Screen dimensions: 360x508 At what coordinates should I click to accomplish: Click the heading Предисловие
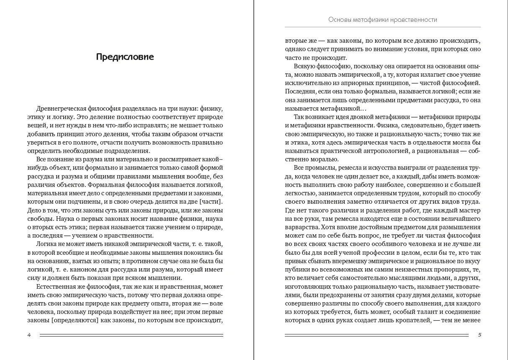(x=125, y=57)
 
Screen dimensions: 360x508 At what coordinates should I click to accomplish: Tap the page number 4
(x=29, y=335)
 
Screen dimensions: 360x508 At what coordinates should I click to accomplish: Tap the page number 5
(x=480, y=335)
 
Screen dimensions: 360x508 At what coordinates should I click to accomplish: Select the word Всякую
(x=306, y=66)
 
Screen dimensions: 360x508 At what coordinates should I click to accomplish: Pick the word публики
(x=298, y=269)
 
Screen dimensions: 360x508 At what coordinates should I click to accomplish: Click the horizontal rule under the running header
(x=382, y=27)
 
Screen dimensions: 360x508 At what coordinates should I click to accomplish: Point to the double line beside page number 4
(x=131, y=335)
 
